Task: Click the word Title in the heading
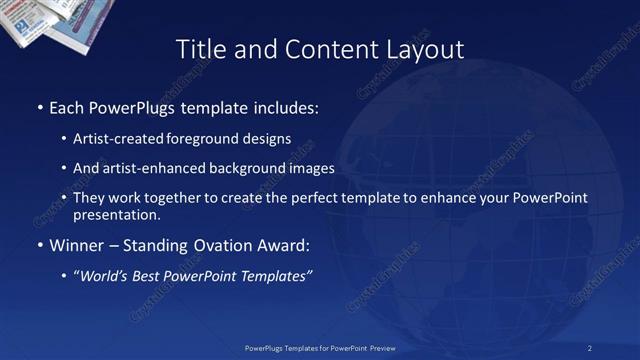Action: [x=199, y=49]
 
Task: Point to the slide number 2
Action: [x=590, y=348]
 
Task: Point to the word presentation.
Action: [x=117, y=214]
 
